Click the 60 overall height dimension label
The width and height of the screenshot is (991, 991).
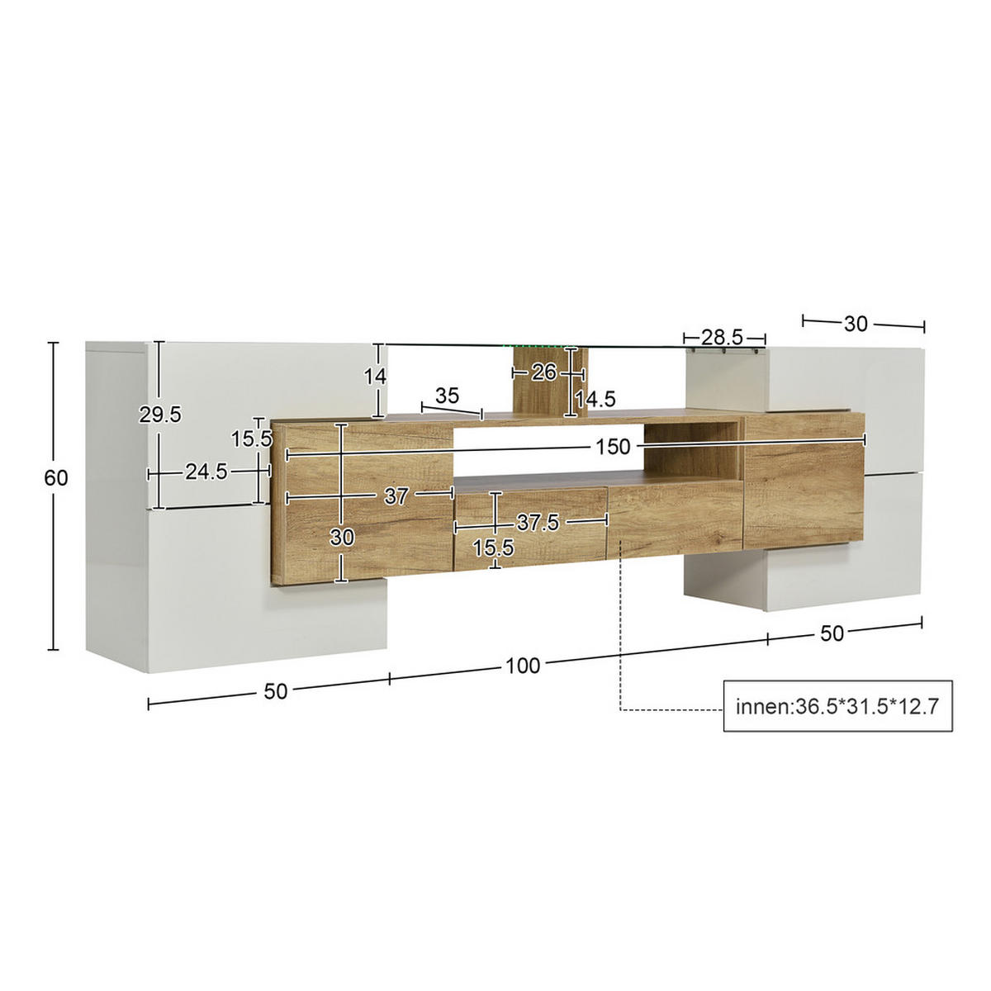point(57,478)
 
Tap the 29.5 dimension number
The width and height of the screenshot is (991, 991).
point(159,415)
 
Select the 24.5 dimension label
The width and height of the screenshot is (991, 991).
point(206,472)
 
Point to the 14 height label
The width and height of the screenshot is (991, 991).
point(376,377)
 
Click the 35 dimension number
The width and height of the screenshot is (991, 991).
point(447,396)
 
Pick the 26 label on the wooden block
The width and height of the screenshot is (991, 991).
point(543,372)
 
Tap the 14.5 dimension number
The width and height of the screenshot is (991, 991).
point(595,400)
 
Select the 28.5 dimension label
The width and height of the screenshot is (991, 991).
point(723,337)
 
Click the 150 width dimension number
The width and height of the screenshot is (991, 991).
point(613,448)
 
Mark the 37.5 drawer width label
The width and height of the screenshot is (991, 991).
point(538,523)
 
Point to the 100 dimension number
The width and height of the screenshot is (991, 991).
point(523,666)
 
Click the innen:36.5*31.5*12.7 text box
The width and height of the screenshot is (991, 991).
point(837,707)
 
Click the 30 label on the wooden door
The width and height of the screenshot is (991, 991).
point(342,538)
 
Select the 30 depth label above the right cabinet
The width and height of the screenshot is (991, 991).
point(856,325)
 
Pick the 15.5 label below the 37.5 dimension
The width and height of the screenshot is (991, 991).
point(493,548)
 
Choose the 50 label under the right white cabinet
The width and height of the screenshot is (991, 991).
point(832,633)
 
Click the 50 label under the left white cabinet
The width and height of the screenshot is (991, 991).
point(276,691)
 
